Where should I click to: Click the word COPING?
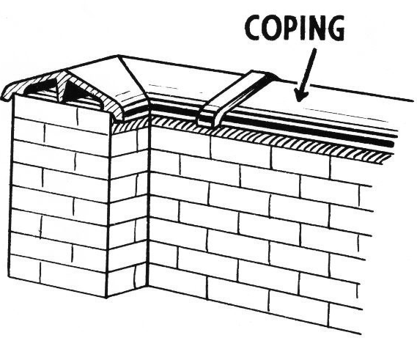(x=295, y=27)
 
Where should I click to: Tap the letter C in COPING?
(x=254, y=28)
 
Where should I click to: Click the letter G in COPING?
(x=336, y=28)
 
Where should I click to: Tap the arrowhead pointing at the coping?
(x=300, y=95)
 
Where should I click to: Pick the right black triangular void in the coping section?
(x=75, y=91)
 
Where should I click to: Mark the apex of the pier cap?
(x=119, y=55)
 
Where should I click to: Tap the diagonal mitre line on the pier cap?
(x=132, y=75)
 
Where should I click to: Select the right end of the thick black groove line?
(x=392, y=144)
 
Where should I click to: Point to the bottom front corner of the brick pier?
(x=107, y=297)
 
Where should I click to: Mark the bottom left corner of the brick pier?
(x=8, y=276)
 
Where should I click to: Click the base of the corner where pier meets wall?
(x=147, y=287)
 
